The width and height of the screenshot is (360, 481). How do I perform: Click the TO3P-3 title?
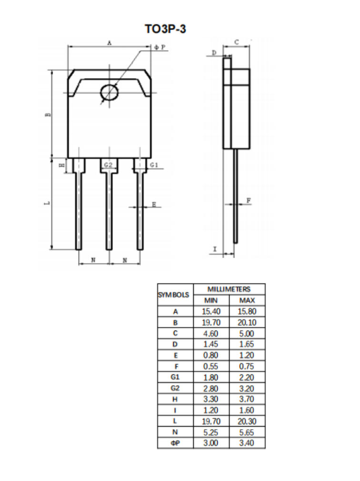click(165, 30)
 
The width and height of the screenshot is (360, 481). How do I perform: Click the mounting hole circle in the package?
click(109, 92)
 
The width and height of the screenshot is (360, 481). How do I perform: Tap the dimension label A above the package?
click(109, 43)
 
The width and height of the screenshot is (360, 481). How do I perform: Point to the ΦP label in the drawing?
click(160, 48)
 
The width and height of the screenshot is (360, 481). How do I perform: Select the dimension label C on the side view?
click(237, 42)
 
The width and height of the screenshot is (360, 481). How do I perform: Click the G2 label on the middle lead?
click(109, 165)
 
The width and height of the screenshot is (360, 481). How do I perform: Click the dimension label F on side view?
click(248, 201)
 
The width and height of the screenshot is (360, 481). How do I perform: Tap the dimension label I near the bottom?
click(215, 249)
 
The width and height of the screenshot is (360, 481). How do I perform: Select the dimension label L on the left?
click(47, 203)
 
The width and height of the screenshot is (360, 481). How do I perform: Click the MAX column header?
click(247, 301)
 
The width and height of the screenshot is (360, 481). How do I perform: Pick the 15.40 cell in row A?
click(211, 312)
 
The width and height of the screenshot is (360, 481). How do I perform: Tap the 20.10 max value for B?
click(247, 323)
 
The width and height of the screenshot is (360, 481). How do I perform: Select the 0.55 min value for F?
click(211, 367)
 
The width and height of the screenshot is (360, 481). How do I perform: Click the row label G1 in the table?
click(175, 377)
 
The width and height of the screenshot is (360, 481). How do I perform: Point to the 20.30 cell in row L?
click(247, 421)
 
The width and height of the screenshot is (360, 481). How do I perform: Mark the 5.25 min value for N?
click(211, 432)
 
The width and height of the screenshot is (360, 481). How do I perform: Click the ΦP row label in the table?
click(175, 443)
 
